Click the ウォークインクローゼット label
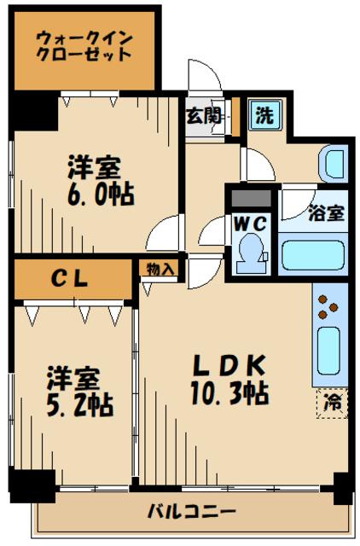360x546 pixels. point(84,44)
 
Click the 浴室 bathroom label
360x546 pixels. point(327,213)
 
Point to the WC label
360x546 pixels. point(249,222)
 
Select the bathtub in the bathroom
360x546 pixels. point(312,255)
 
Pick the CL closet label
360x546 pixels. point(74,278)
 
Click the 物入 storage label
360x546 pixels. point(160,269)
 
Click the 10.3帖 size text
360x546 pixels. point(229,393)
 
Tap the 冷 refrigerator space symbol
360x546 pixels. point(333,403)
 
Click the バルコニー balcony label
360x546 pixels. point(191,513)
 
